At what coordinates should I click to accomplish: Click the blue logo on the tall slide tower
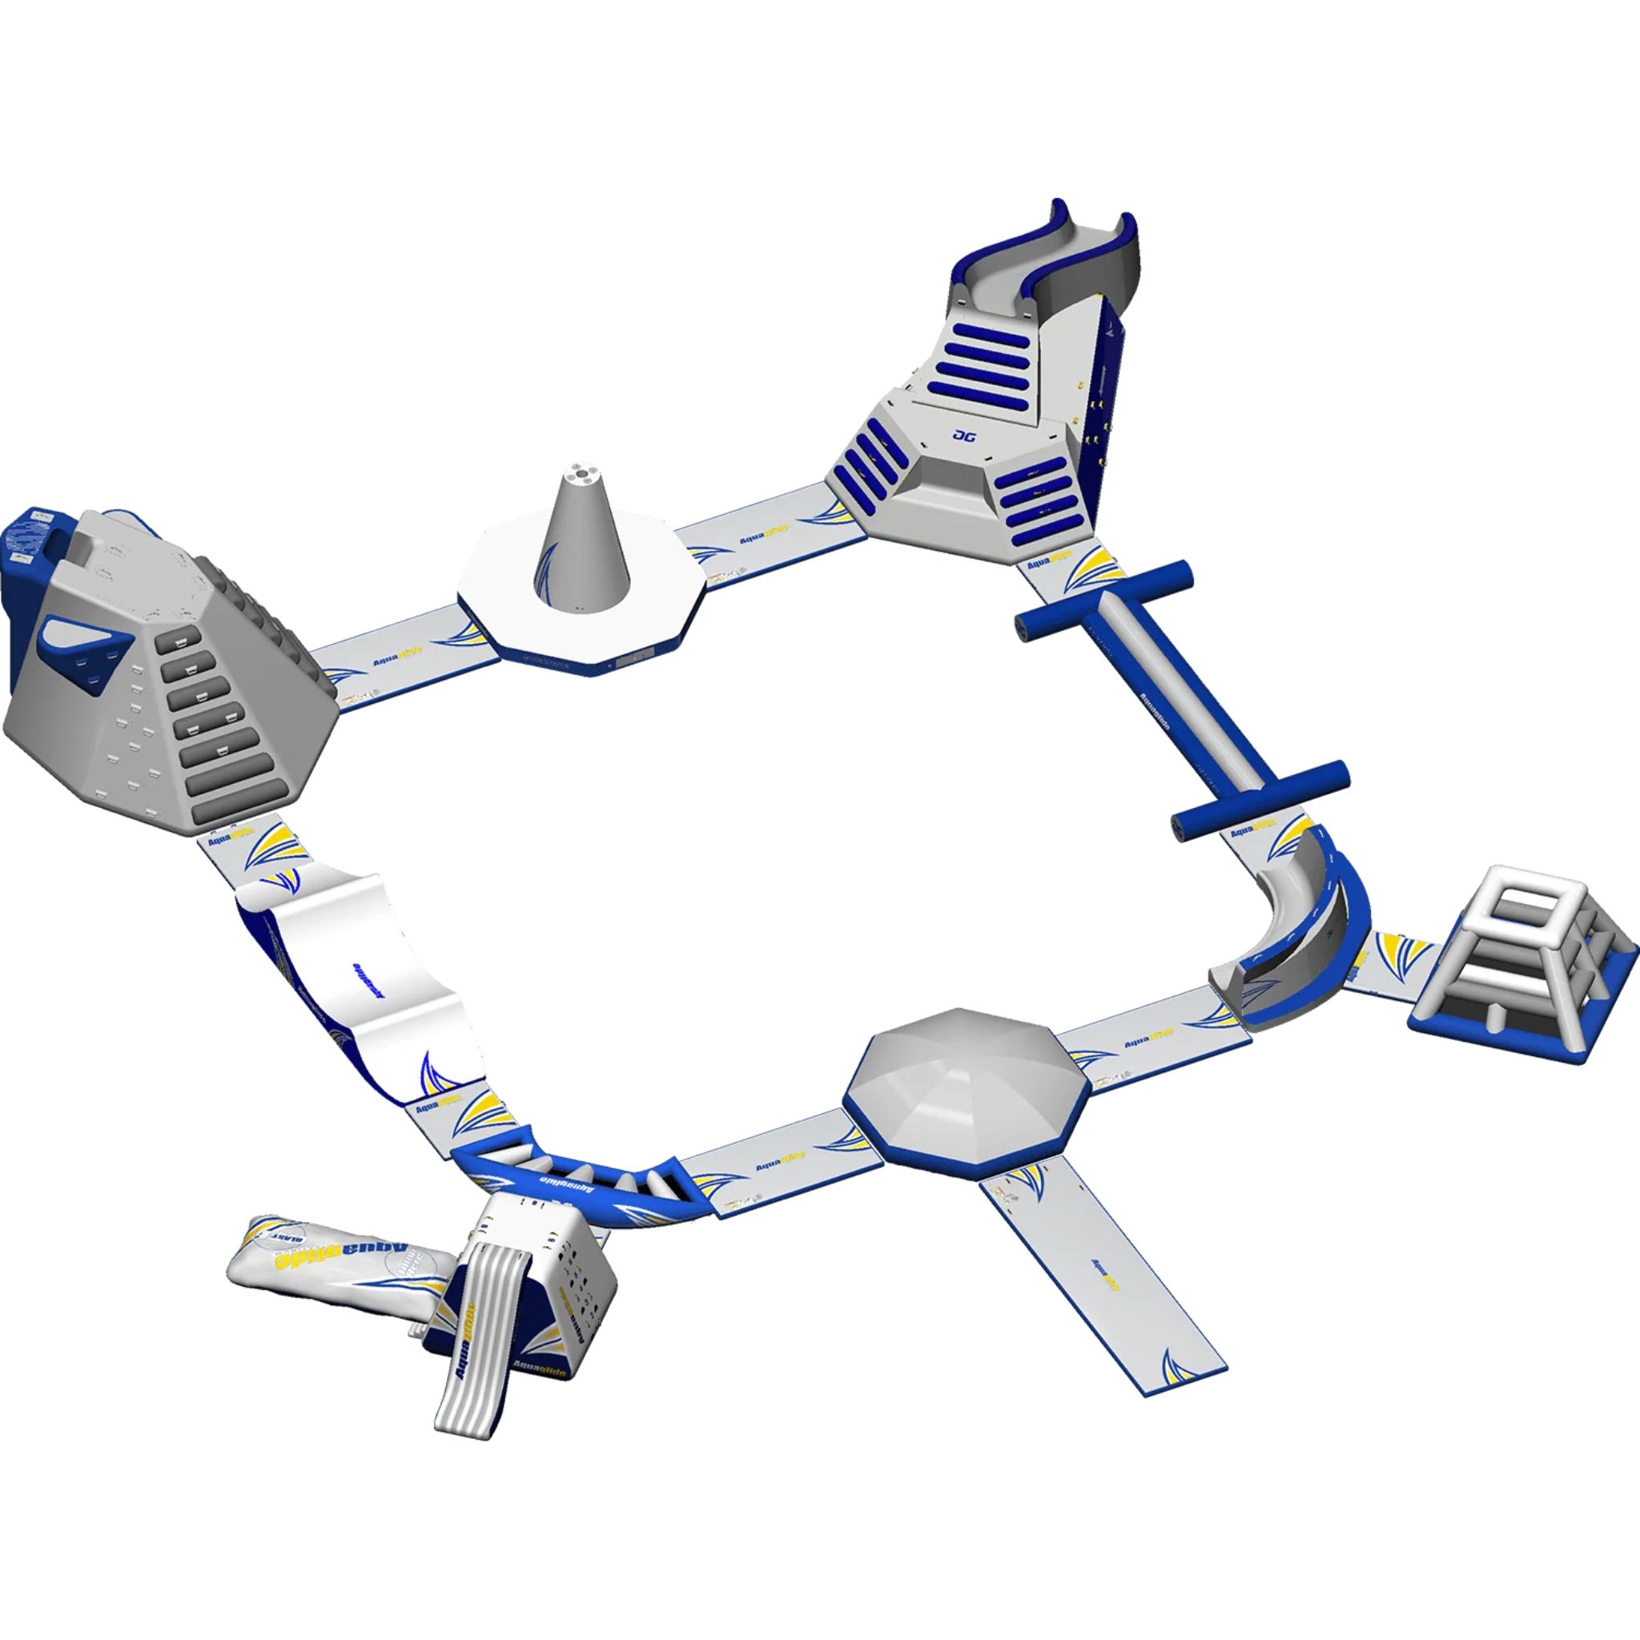point(964,436)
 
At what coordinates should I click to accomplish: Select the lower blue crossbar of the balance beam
point(1260,798)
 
